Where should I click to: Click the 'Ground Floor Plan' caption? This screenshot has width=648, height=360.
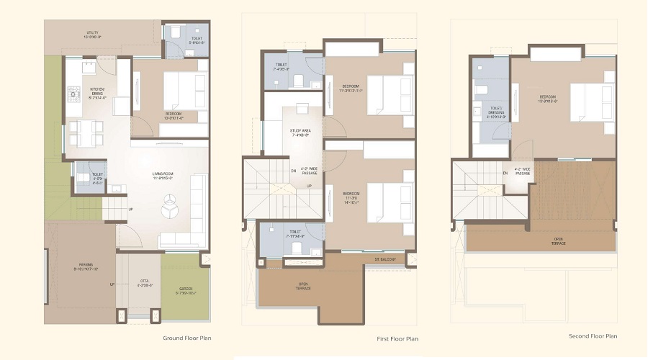click(x=186, y=337)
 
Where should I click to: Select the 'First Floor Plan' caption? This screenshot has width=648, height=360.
click(x=397, y=338)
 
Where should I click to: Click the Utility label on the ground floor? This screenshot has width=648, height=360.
click(x=93, y=34)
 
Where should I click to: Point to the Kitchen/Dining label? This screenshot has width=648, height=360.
click(x=98, y=94)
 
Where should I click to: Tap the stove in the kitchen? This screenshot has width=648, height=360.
click(x=73, y=93)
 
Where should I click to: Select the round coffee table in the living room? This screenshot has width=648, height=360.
click(x=171, y=209)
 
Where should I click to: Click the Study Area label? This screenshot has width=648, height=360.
click(x=300, y=132)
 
